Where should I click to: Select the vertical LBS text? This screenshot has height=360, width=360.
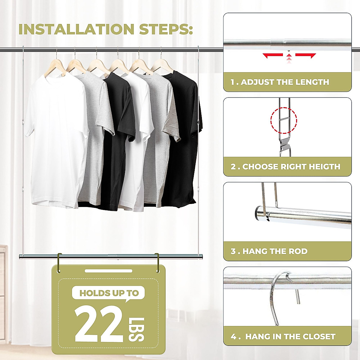coord(136,329)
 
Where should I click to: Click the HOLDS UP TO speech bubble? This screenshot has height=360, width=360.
coord(109,293)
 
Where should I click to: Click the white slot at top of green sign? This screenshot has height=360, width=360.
coord(108,271)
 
